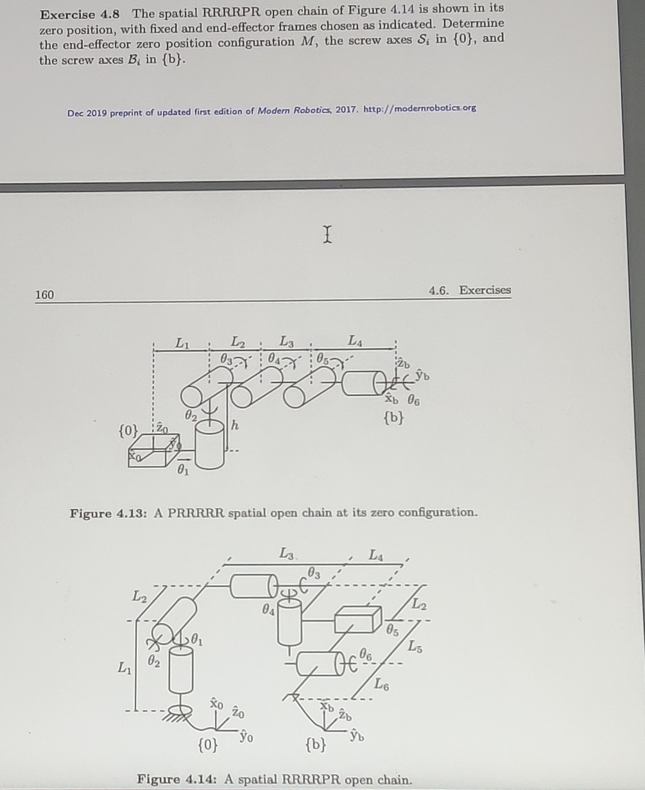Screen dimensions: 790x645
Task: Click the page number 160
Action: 45,295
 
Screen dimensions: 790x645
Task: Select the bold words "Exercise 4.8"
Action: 83,11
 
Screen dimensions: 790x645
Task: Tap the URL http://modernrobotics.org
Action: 420,108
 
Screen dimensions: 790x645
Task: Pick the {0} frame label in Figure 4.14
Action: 207,746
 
